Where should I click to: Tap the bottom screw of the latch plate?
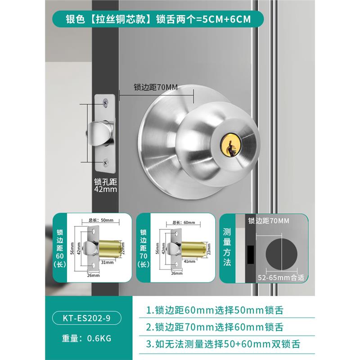pos(105,161)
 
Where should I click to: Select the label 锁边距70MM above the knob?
pos(156,87)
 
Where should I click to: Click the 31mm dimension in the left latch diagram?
pos(106,262)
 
